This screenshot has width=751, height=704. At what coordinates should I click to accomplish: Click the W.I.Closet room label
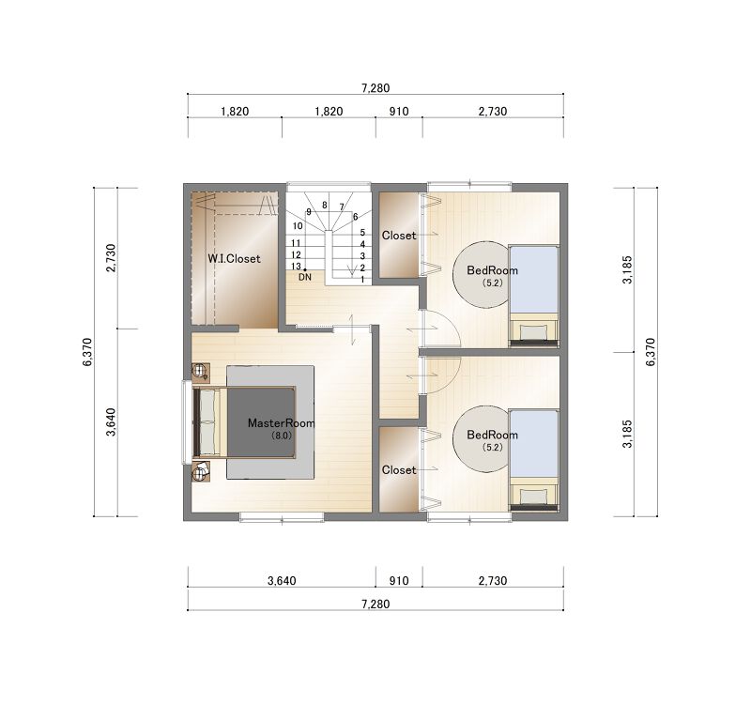pyautogui.click(x=234, y=259)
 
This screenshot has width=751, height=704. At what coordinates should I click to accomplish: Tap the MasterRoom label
pyautogui.click(x=281, y=423)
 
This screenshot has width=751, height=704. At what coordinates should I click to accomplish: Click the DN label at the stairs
pyautogui.click(x=305, y=277)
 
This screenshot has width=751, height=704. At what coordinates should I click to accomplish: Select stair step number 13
pyautogui.click(x=296, y=267)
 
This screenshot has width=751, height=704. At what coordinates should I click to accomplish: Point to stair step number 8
pyautogui.click(x=325, y=206)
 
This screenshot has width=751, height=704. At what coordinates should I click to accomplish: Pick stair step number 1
pyautogui.click(x=362, y=279)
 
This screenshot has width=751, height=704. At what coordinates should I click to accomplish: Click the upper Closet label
pyautogui.click(x=399, y=236)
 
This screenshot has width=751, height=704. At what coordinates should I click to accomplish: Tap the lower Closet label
pyautogui.click(x=399, y=470)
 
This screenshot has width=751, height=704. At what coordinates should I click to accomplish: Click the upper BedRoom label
pyautogui.click(x=492, y=270)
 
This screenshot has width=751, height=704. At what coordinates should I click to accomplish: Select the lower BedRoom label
pyautogui.click(x=492, y=435)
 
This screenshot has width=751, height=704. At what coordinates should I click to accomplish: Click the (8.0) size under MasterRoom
pyautogui.click(x=281, y=436)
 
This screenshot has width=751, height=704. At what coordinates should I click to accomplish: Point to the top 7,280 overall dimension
pyautogui.click(x=376, y=88)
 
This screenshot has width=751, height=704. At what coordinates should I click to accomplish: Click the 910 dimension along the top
pyautogui.click(x=399, y=112)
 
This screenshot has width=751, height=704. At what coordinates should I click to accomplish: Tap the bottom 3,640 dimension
pyautogui.click(x=282, y=581)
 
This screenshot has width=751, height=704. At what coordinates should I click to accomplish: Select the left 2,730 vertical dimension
pyautogui.click(x=111, y=258)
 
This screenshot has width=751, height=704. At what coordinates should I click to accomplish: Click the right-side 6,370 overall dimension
pyautogui.click(x=650, y=352)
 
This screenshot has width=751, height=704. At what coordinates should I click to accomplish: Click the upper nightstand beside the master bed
pyautogui.click(x=201, y=372)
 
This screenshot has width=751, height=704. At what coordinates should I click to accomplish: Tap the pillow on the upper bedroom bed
pyautogui.click(x=534, y=332)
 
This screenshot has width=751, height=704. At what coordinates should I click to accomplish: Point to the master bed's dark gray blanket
pyautogui.click(x=261, y=422)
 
